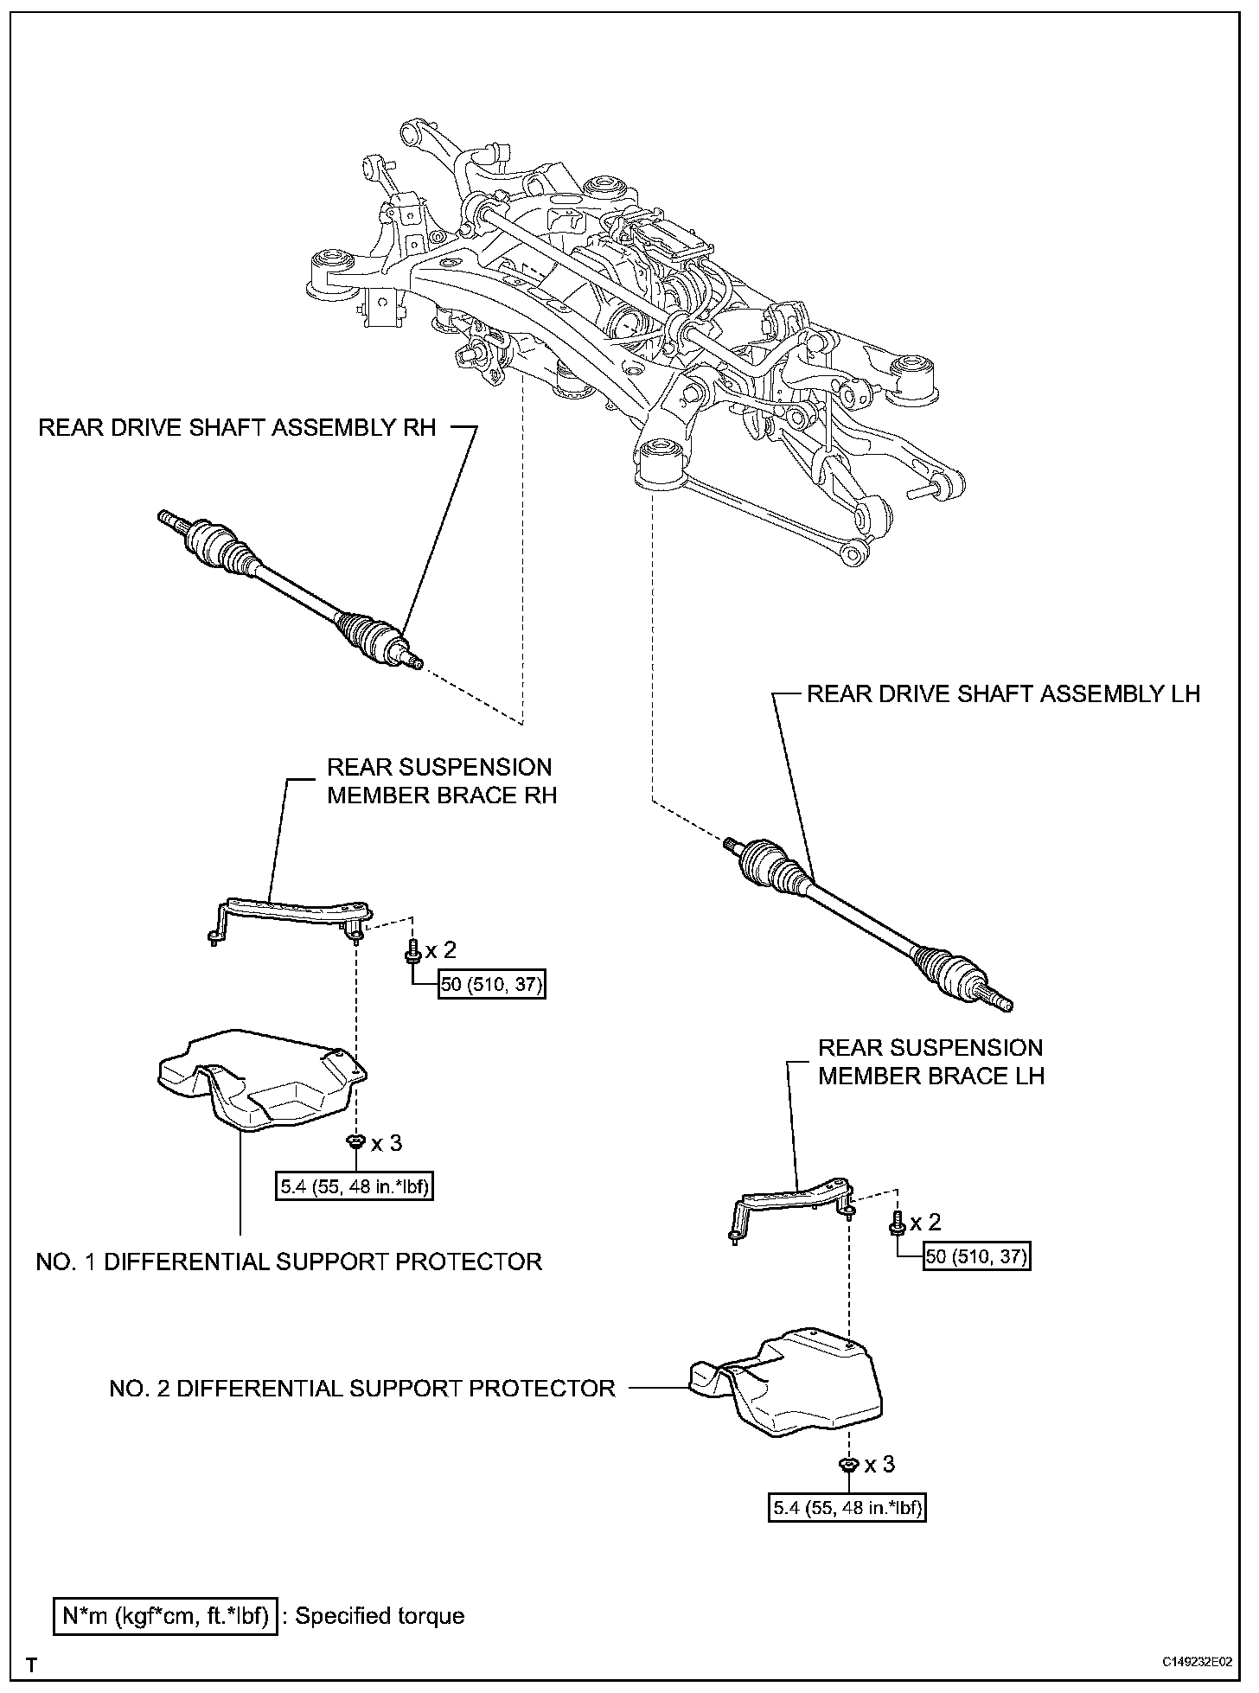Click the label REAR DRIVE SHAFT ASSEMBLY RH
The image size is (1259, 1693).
pos(237,428)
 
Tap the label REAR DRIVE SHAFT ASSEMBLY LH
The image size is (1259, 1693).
pos(1003,693)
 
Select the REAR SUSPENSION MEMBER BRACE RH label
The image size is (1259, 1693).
pos(442,781)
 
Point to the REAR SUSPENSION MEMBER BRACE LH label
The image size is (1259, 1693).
pos(931,1062)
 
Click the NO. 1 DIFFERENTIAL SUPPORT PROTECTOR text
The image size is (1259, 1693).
pos(289,1262)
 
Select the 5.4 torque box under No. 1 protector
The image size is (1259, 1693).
pos(355,1188)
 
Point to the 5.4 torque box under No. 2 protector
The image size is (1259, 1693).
pos(847,1509)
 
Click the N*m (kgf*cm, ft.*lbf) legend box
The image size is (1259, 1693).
pos(166,1615)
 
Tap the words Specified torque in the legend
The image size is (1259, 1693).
pos(380,1615)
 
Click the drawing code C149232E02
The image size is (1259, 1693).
pos(1198,1663)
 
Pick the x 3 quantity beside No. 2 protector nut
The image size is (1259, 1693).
pos(879,1464)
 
